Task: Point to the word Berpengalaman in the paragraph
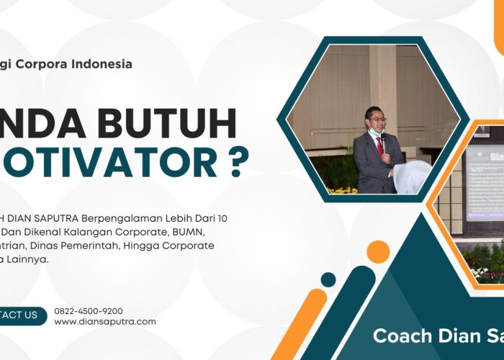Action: click(114, 218)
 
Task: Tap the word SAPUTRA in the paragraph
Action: click(55, 218)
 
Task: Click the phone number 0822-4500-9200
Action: click(89, 311)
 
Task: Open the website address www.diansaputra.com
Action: click(105, 322)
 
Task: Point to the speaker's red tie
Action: click(379, 148)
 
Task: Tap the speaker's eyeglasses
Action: click(376, 118)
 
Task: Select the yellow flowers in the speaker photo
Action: click(341, 190)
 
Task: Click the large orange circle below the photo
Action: click(377, 252)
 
